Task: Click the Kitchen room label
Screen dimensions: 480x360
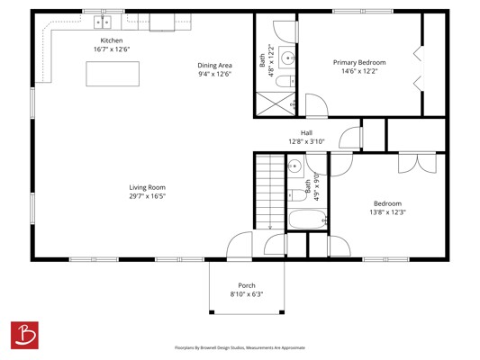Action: coord(112,40)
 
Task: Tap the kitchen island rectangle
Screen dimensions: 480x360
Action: coord(113,74)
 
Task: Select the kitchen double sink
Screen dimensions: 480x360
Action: coord(103,22)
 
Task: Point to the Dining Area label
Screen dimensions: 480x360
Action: coord(214,65)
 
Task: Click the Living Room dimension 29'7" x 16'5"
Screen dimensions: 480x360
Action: coord(148,196)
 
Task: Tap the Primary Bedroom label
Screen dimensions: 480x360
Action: coord(359,62)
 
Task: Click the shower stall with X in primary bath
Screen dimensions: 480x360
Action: coord(276,104)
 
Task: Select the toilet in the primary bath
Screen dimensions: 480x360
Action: coord(285,81)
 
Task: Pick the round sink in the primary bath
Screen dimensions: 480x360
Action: coord(288,58)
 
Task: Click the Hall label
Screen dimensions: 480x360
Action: coord(306,132)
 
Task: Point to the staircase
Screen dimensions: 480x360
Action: coord(270,192)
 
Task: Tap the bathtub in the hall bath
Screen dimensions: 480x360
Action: coord(308,219)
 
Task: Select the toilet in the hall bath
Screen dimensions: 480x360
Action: coord(297,194)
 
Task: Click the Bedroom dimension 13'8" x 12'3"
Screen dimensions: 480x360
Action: coord(387,212)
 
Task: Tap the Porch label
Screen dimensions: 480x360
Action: coord(247,285)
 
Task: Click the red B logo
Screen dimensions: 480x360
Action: coord(24,335)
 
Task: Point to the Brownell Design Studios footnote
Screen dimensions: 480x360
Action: coord(240,347)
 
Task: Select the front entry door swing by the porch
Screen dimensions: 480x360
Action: coord(240,245)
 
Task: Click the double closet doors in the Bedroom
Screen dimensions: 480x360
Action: coord(417,163)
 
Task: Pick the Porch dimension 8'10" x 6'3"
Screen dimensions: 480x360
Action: coord(247,294)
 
